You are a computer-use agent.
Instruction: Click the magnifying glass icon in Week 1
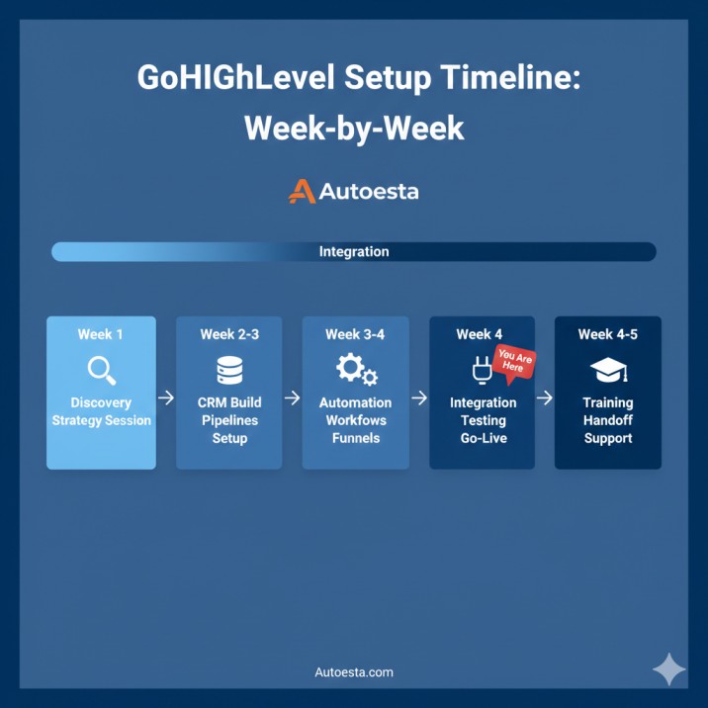(x=101, y=370)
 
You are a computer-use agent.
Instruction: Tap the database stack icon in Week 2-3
(x=229, y=370)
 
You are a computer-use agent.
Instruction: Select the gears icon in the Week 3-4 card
(x=356, y=370)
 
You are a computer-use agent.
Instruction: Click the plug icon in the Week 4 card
(x=480, y=371)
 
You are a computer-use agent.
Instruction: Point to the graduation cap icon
(x=608, y=371)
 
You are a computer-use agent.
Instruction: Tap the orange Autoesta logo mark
(x=302, y=191)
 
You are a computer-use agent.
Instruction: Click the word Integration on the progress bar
(x=354, y=252)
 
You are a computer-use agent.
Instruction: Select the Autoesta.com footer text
(x=353, y=672)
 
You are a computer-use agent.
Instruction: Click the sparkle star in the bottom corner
(x=669, y=669)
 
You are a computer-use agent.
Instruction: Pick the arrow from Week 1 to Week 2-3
(x=166, y=398)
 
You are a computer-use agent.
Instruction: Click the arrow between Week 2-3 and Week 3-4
(x=293, y=398)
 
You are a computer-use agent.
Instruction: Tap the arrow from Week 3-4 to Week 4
(x=419, y=398)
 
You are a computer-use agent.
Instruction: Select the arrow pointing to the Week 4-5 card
(x=545, y=398)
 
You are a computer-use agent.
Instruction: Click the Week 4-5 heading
(x=607, y=334)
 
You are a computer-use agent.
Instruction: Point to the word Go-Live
(x=483, y=438)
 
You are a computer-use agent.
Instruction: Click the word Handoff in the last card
(x=607, y=420)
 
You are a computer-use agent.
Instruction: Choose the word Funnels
(x=356, y=438)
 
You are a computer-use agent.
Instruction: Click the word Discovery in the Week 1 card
(x=101, y=402)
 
